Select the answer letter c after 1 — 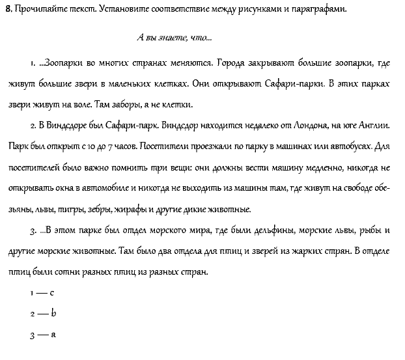point(50,294)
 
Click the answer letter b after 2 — point(53,314)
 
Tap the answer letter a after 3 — point(53,335)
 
